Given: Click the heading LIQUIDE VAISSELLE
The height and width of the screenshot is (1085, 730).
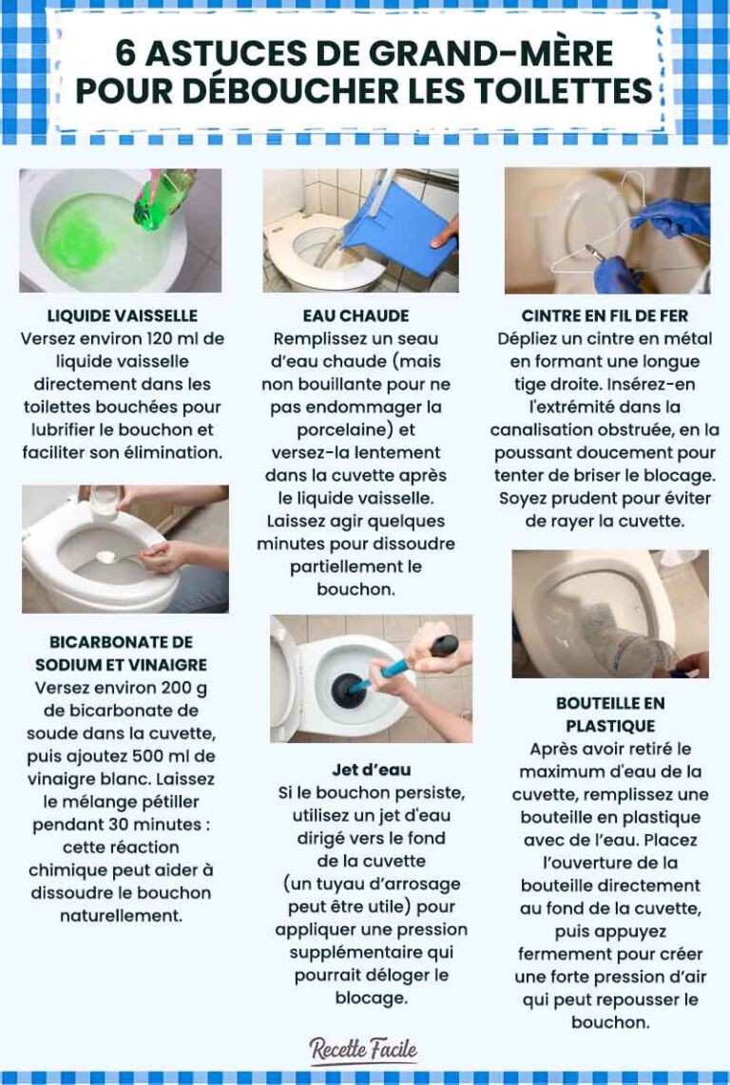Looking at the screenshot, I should tap(122, 315).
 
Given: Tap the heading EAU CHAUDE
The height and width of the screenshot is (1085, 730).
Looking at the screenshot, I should tap(355, 315).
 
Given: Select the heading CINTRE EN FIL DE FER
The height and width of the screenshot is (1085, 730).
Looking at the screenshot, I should tap(605, 315).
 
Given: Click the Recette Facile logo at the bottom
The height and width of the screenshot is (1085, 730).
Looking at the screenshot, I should tap(363, 1050).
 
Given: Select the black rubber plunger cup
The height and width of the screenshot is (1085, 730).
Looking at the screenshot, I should tap(338, 682).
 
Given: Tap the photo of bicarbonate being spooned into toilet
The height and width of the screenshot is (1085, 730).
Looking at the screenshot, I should tap(125, 548).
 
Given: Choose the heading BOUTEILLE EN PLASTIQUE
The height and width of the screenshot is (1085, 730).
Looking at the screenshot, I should tap(610, 714).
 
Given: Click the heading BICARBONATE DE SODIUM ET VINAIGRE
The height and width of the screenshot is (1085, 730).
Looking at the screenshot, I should tap(121, 654).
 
